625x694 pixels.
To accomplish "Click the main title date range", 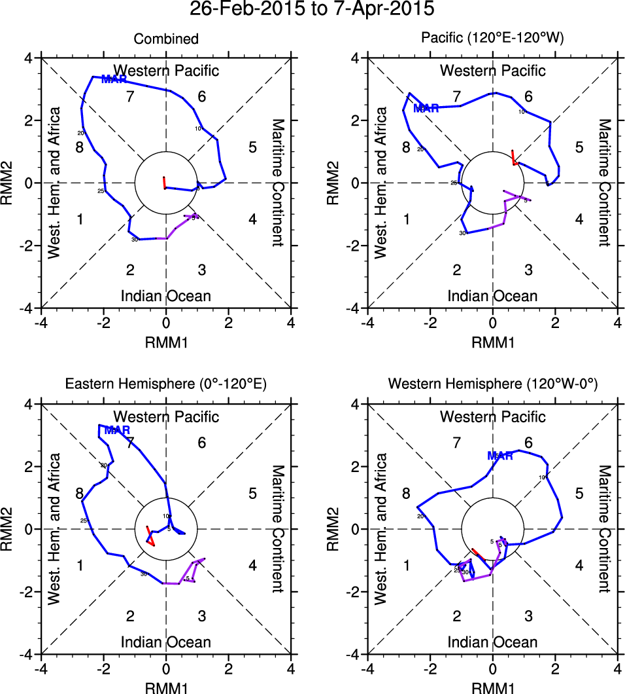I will coord(312,10).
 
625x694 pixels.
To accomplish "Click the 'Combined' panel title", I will coord(166,39).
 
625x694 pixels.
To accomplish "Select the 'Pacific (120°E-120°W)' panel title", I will coord(492,39).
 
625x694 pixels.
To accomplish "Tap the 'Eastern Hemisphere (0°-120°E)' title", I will coord(166,386).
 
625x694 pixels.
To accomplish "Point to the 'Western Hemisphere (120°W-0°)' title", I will coord(492,386).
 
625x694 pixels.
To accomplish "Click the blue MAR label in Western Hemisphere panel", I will coord(499,456).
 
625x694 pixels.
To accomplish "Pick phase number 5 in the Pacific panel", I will coord(579,147).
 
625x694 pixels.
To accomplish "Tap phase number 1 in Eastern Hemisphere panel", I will coord(80,566).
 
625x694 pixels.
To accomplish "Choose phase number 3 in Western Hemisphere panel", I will coord(528,615).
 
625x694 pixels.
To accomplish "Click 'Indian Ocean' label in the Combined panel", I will coord(166,296).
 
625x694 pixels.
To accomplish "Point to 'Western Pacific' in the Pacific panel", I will coord(492,71).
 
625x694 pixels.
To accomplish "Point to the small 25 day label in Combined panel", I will coord(101,191).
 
